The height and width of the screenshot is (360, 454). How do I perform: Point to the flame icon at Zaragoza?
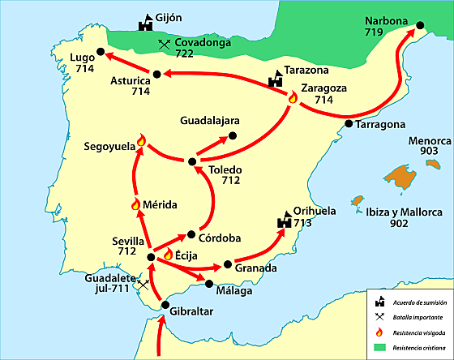(293, 98)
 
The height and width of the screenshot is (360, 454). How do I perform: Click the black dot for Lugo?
(100, 52)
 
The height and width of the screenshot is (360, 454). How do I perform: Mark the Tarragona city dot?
(349, 125)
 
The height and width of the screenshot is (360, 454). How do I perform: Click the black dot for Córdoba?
(191, 232)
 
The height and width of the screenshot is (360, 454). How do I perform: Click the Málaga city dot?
(209, 284)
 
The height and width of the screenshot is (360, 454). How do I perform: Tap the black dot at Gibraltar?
(165, 305)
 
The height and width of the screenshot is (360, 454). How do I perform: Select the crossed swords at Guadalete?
(143, 285)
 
